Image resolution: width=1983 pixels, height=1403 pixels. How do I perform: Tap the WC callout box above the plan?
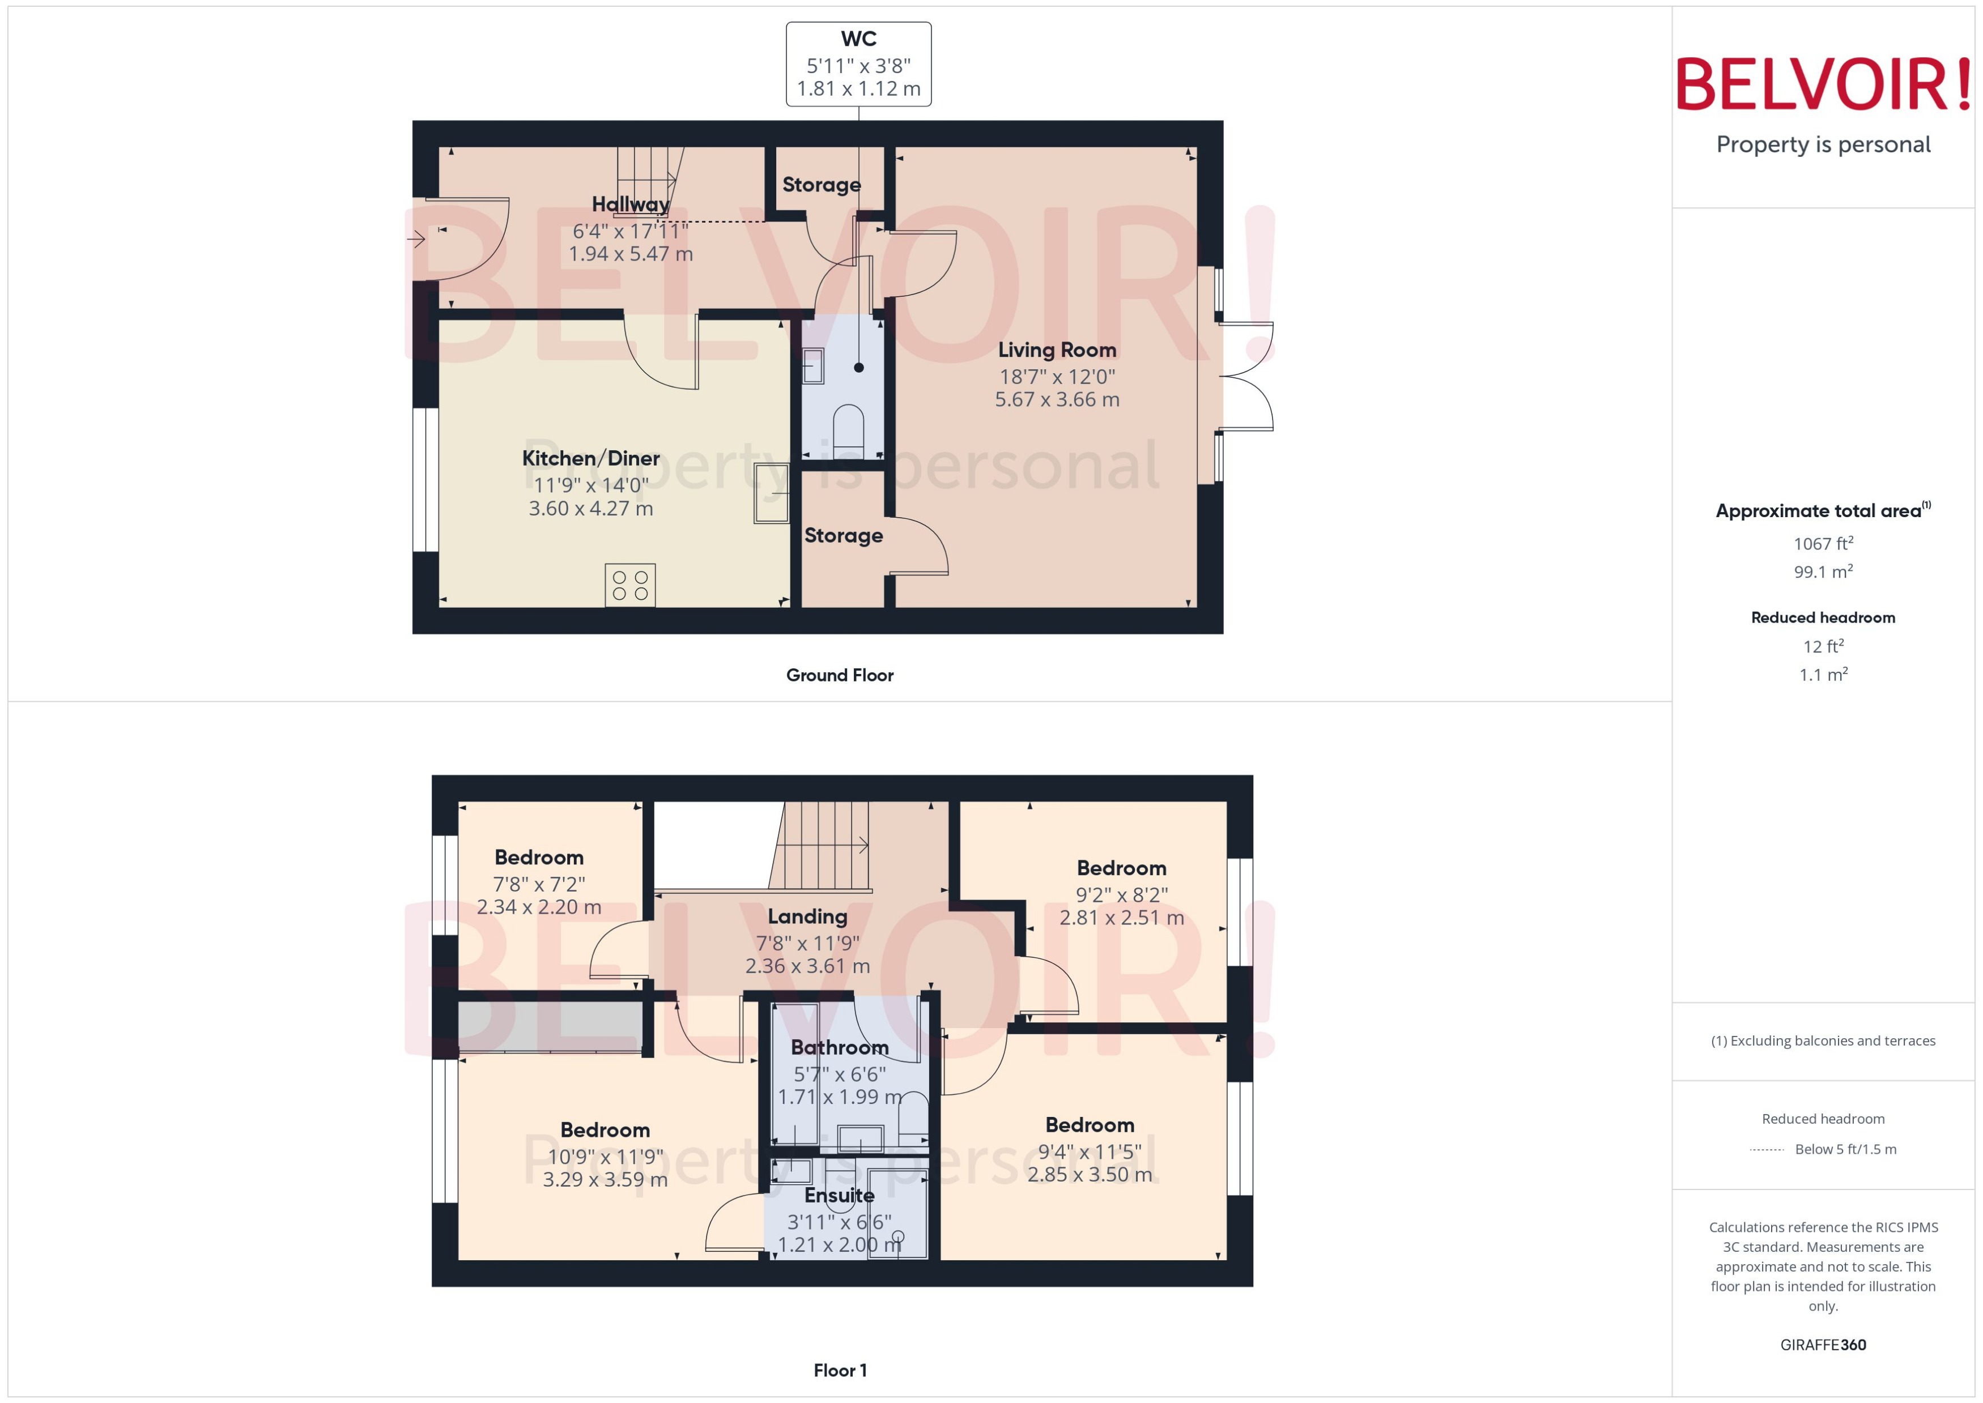click(858, 65)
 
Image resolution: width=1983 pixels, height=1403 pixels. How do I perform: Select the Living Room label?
click(1057, 350)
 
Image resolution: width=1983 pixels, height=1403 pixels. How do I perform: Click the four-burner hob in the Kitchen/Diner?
click(630, 585)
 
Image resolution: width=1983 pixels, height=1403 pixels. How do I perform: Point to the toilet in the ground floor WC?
click(848, 425)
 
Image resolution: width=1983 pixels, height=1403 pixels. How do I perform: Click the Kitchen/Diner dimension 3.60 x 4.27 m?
click(591, 508)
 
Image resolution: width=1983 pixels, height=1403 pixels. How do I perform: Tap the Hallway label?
click(630, 204)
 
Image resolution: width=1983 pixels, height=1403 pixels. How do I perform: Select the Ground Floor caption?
click(839, 675)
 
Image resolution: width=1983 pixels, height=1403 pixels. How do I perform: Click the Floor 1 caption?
click(839, 1370)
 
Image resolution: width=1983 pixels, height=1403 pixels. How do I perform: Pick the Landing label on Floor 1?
click(807, 916)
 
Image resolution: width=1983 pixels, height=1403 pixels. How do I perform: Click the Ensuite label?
click(839, 1195)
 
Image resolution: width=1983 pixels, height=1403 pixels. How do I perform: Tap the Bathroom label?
click(839, 1047)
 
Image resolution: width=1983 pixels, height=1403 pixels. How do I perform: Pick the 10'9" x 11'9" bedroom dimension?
click(605, 1156)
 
